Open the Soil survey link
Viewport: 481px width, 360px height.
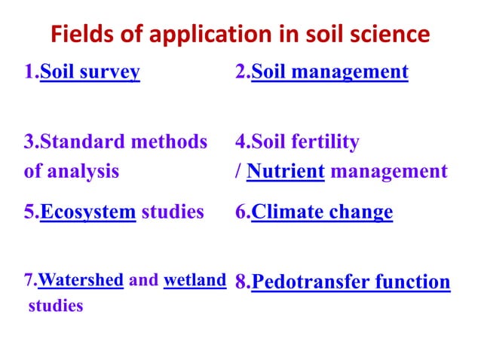90,72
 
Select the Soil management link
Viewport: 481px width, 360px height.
329,72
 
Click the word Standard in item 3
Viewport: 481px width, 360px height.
82,142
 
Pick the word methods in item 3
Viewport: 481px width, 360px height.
172,142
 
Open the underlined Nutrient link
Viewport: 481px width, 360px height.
286,171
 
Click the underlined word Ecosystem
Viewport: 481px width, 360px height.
87,212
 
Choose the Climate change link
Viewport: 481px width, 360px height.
322,212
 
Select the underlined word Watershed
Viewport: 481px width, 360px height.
80,281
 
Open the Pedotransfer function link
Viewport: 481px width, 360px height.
351,282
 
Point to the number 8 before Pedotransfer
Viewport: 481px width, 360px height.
240,282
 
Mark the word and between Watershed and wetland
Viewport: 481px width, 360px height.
143,281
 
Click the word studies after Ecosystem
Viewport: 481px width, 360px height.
173,212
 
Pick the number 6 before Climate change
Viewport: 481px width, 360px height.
240,212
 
